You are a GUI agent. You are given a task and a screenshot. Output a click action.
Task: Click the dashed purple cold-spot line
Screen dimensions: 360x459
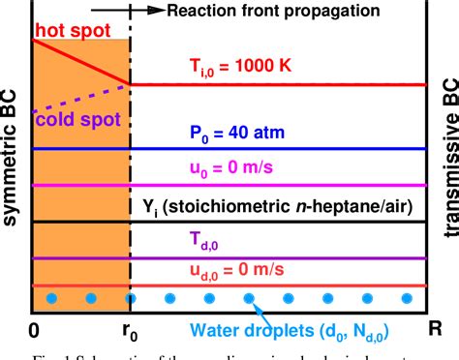82,97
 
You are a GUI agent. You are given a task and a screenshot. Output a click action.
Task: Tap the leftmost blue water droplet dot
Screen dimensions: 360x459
51,297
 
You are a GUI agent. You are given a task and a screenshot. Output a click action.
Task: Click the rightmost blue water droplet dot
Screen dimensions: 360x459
407,297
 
